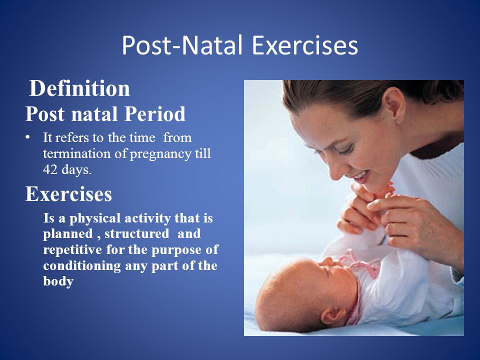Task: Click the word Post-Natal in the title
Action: [x=182, y=45]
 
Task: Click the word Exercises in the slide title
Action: [x=305, y=45]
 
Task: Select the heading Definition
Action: [x=79, y=88]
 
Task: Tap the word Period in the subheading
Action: [x=155, y=114]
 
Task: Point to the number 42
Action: [x=50, y=169]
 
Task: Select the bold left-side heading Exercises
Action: [x=68, y=194]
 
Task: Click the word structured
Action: [x=137, y=233]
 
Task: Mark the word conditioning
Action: [x=82, y=265]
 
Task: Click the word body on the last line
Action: [x=58, y=281]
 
